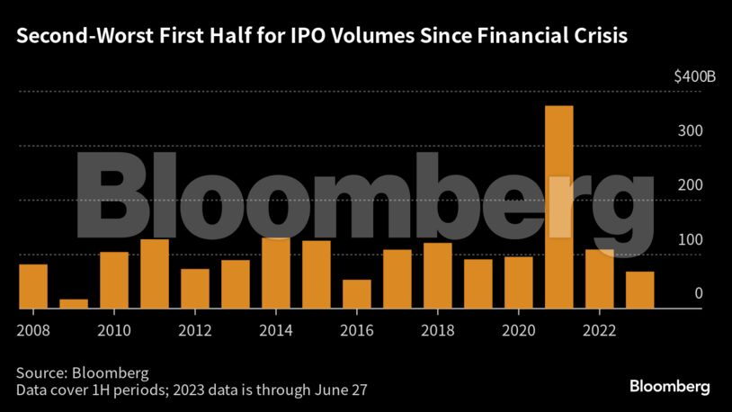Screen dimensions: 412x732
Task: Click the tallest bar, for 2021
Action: pos(558,207)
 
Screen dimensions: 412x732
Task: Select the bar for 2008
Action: pos(33,286)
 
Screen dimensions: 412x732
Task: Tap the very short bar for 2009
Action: pos(74,304)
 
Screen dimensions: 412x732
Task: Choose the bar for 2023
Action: pos(639,290)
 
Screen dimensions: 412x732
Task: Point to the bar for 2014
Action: pos(275,273)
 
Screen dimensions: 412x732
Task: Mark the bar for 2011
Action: pos(155,273)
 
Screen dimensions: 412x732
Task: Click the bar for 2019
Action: pos(478,283)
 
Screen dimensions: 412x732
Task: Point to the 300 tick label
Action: pos(691,130)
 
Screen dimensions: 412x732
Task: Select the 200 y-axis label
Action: pos(691,184)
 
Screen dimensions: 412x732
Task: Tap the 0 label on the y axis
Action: pos(698,293)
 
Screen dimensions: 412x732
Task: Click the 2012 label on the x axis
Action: pos(195,329)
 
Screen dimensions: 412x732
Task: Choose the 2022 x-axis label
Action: pos(599,329)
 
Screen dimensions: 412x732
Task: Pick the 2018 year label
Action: pos(437,329)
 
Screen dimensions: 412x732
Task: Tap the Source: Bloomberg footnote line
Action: pos(82,372)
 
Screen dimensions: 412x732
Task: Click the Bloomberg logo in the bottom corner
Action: pos(668,386)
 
